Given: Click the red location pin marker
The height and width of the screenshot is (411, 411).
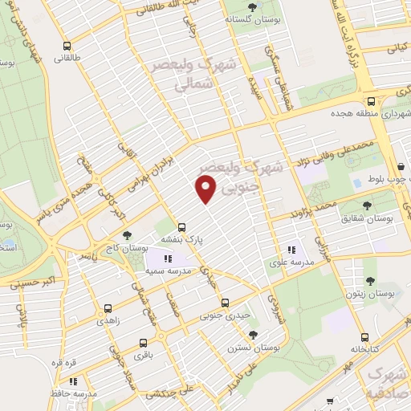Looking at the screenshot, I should click(206, 189).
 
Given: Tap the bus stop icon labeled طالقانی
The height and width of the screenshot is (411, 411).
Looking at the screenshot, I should click(66, 46).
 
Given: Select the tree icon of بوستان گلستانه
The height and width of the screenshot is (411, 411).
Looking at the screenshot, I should click(253, 7).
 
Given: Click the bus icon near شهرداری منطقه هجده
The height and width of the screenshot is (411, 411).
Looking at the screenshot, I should click(371, 102).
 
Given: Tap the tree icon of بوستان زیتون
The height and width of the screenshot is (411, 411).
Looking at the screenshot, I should click(370, 281).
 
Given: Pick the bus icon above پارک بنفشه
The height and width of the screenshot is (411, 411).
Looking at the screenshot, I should click(182, 227).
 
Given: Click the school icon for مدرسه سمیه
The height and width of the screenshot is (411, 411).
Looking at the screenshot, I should click(169, 258).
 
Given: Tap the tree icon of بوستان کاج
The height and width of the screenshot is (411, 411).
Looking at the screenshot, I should click(127, 238).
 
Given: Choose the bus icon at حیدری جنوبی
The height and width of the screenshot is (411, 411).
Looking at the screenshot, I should click(225, 303).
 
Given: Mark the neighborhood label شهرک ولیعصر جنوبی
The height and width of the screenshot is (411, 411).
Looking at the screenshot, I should click(250, 177).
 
